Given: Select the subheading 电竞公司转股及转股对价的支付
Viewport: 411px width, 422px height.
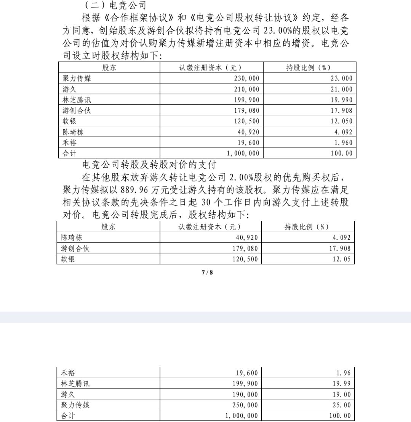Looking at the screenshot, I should (149, 165).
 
